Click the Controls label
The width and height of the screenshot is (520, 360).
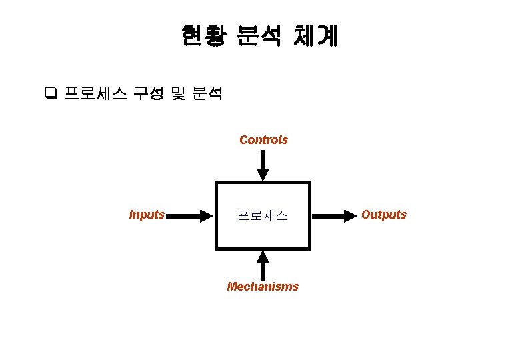tap(263, 140)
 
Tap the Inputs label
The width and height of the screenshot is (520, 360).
tap(147, 215)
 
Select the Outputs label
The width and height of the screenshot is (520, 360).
tap(383, 215)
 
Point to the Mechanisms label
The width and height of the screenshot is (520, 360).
tap(263, 287)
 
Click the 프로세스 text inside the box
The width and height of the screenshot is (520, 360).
tap(263, 215)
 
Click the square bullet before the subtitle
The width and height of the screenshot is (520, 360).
tap(49, 93)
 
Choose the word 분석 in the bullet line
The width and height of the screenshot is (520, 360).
tap(207, 93)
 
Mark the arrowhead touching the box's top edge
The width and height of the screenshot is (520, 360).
tap(263, 175)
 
